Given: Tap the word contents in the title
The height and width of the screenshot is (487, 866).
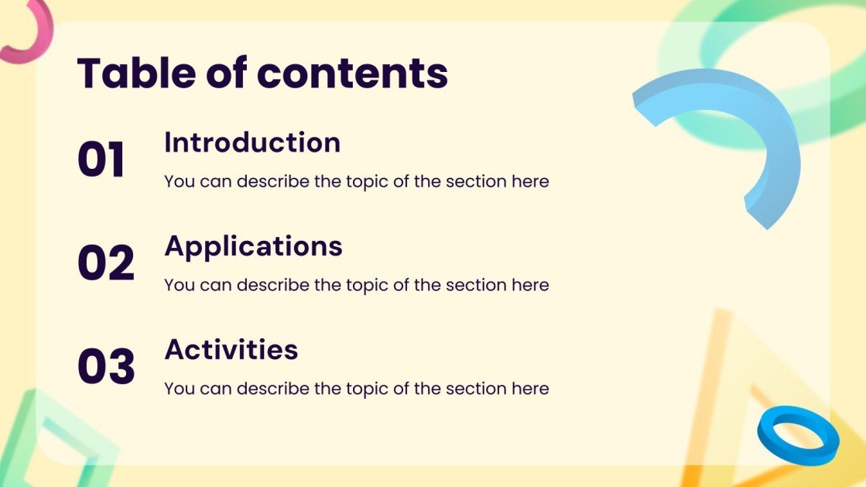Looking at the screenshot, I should (352, 73).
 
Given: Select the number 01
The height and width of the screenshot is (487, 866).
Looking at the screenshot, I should (101, 161).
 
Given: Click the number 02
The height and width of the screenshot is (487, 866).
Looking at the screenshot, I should (106, 263).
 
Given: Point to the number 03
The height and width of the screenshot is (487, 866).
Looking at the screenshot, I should (106, 366).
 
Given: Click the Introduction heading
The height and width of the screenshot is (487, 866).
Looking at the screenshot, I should (252, 142).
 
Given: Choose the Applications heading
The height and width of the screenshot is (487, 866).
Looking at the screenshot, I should (253, 245).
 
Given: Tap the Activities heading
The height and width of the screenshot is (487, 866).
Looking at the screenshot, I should (231, 349).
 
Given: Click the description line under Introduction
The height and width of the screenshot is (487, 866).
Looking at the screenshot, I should (356, 182).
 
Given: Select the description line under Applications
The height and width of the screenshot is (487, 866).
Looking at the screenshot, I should (356, 285).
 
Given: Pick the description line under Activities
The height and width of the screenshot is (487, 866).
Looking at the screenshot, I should (356, 389).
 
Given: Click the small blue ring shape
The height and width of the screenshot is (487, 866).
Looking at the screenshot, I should (798, 435).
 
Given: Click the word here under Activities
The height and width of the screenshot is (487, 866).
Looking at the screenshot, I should (530, 389).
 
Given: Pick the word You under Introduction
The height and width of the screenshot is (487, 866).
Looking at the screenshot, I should (179, 182).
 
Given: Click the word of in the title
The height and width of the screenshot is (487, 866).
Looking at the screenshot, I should (229, 73).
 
